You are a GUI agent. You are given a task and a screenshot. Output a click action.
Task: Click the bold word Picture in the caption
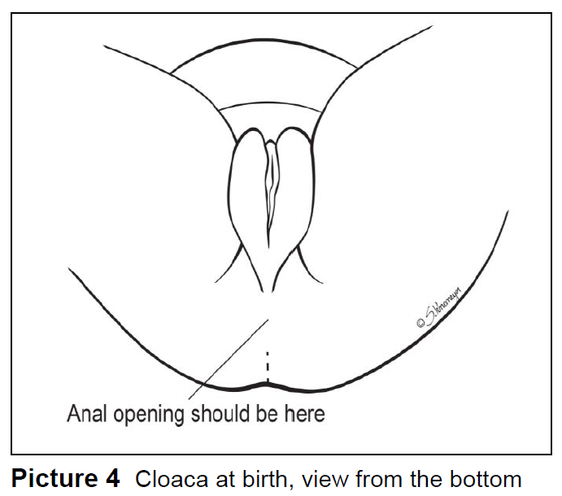54,477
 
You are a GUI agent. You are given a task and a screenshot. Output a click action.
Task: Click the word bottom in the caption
482,477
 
